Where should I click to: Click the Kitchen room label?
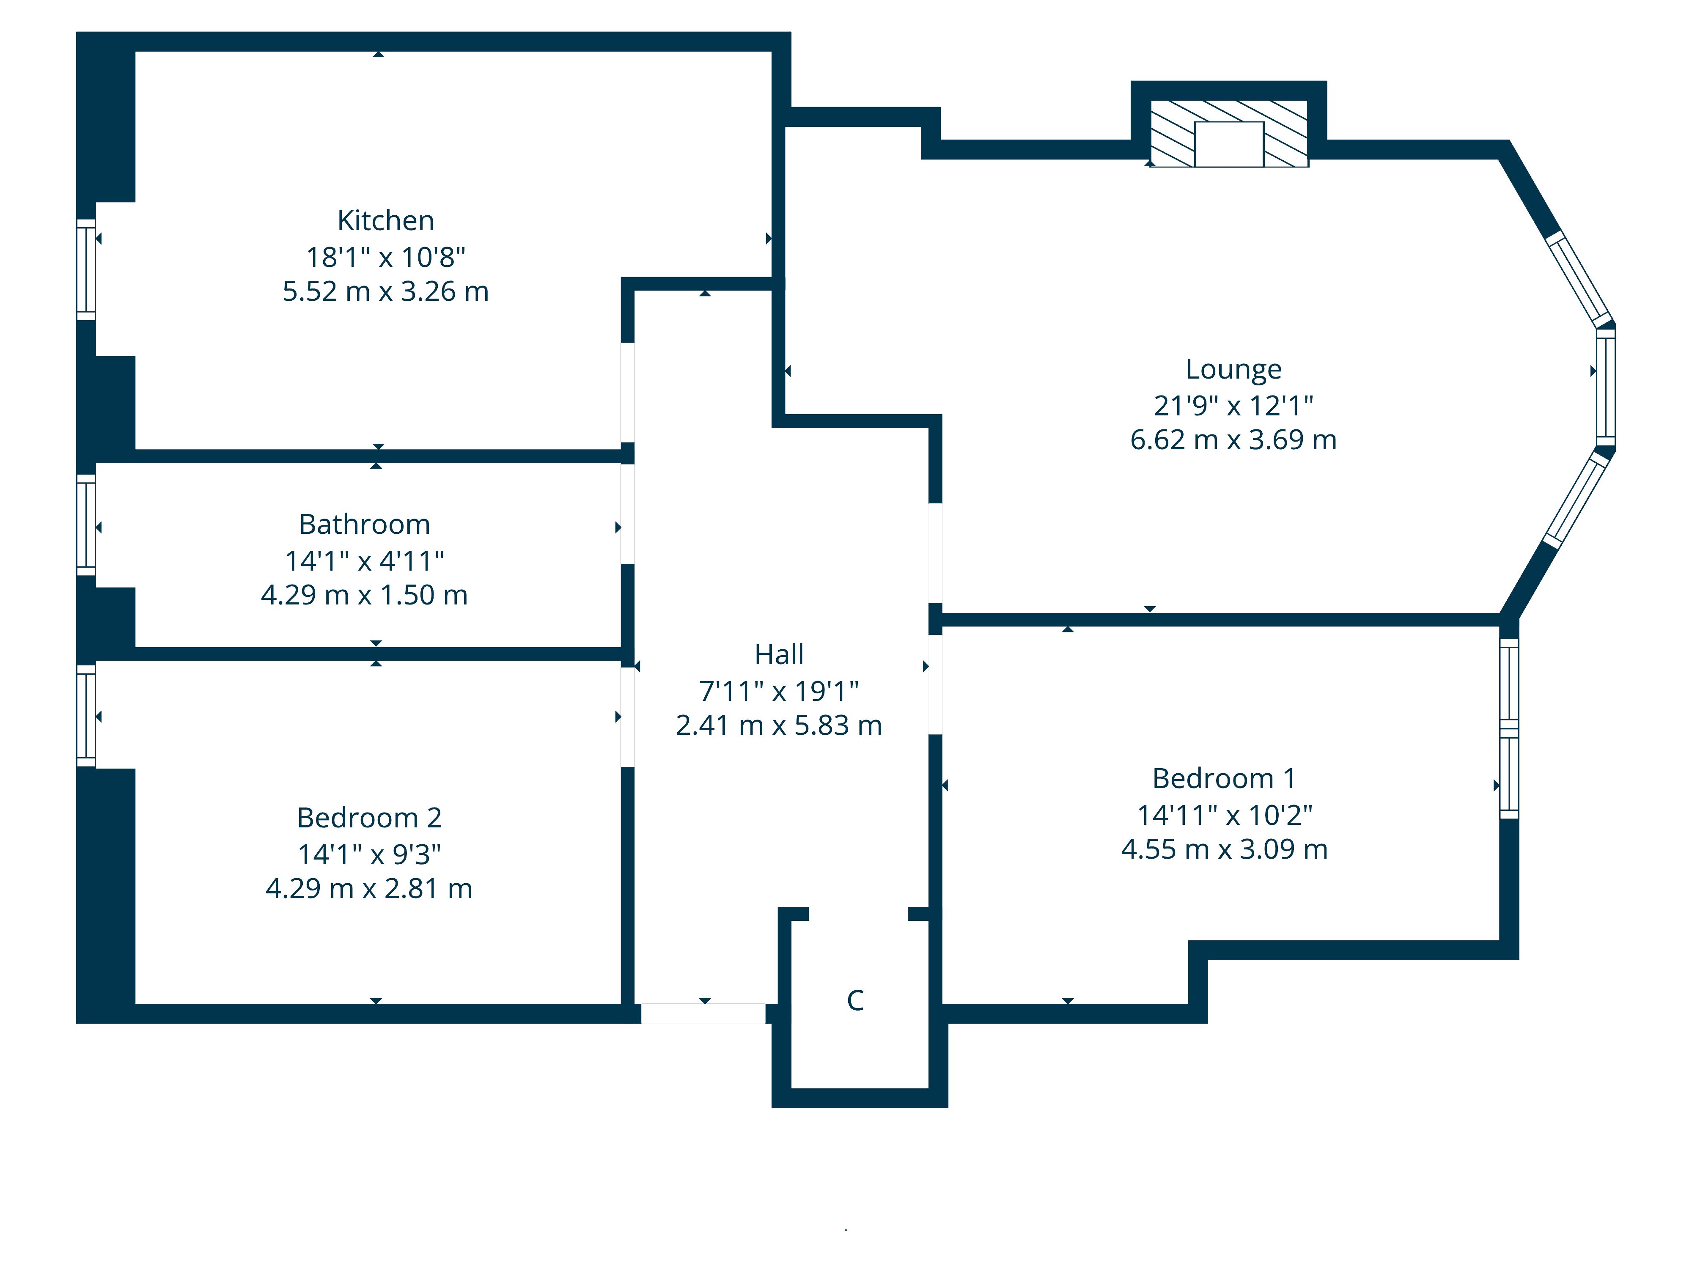pos(385,221)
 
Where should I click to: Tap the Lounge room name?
pos(1233,369)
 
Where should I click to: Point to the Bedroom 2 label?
pos(369,818)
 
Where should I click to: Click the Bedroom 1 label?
pos(1224,779)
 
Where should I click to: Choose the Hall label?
pos(779,655)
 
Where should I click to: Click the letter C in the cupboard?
pos(855,1000)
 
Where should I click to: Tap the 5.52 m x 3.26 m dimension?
pos(385,291)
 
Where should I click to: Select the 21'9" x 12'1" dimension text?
pos(1233,405)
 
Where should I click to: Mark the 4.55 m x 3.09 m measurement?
pos(1224,849)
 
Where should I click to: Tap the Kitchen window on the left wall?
pos(86,269)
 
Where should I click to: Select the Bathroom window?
pos(86,525)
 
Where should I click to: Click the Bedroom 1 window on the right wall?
pos(1508,728)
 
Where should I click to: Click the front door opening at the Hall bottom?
pos(703,1014)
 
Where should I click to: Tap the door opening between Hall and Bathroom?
pos(627,514)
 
